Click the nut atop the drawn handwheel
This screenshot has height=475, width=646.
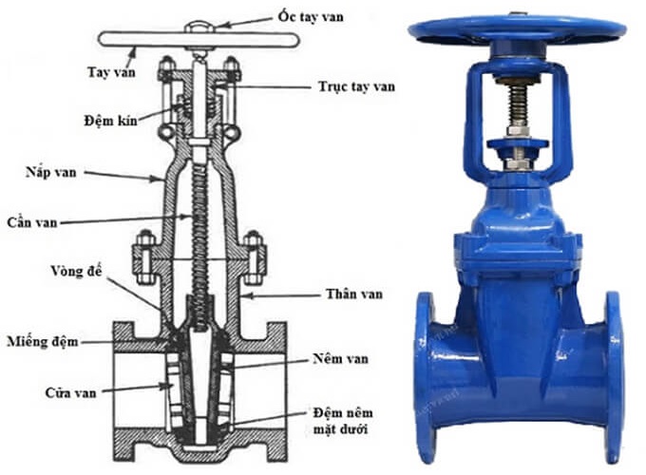point(200,26)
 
